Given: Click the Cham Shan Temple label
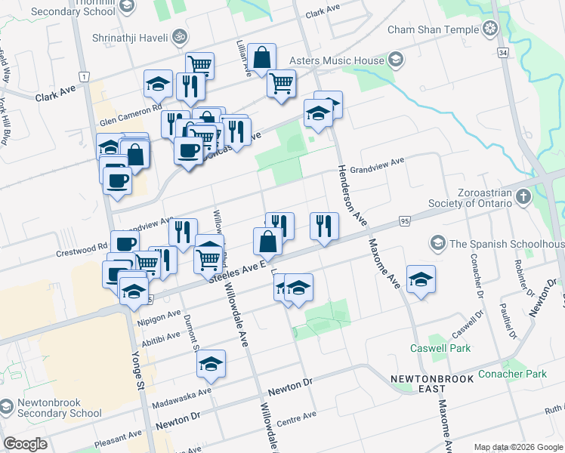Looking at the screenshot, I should tap(433, 29).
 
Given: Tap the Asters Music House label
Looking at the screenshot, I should tap(336, 60).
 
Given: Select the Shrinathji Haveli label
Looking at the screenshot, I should tap(125, 35).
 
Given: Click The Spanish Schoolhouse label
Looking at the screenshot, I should tap(506, 245).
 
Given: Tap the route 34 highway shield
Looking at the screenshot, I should tap(502, 52).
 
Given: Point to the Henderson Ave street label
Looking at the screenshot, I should tap(351, 196).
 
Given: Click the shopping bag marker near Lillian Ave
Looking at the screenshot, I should tap(261, 57).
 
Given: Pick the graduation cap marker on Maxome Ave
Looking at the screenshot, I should tap(421, 279).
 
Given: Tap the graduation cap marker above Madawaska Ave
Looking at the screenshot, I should tap(211, 363).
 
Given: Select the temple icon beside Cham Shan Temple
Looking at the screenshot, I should tap(491, 29).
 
